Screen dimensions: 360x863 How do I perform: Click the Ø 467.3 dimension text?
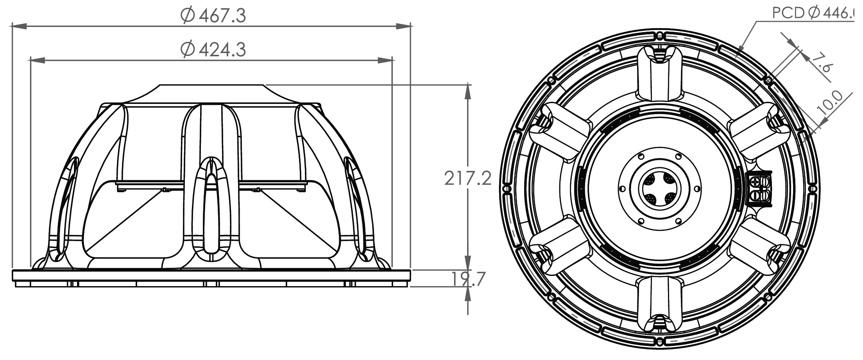click(x=214, y=15)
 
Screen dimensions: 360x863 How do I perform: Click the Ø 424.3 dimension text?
click(x=214, y=49)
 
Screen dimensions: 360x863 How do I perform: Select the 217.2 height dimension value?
click(x=468, y=178)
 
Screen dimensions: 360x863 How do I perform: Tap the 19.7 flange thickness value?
click(x=468, y=279)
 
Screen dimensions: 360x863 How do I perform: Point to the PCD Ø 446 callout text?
click(x=817, y=13)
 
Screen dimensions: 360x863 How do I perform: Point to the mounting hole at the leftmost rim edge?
click(x=507, y=188)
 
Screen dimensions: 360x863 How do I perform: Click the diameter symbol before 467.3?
click(x=188, y=15)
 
